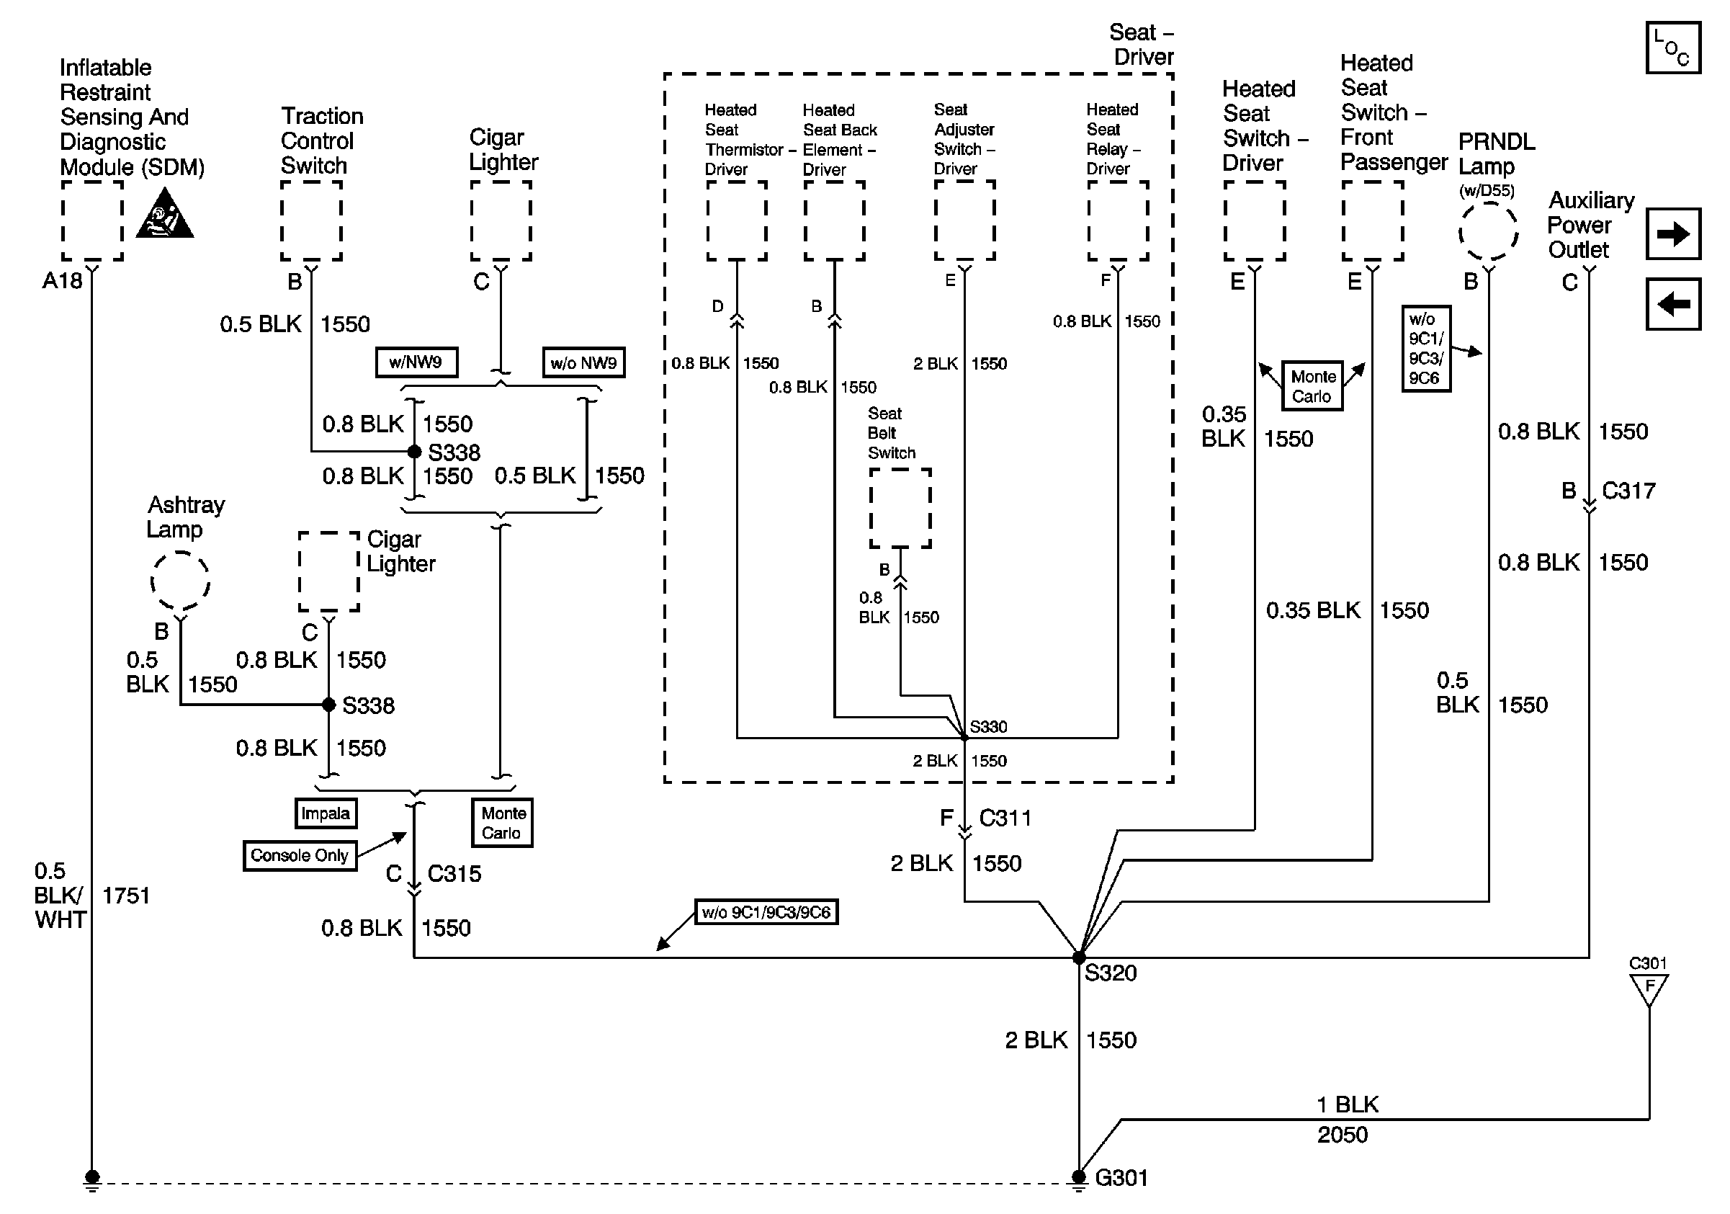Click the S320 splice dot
point(1078,958)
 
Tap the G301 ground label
point(1121,1178)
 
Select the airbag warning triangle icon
point(164,215)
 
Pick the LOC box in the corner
point(1672,48)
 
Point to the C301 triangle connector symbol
point(1649,988)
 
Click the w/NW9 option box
point(416,362)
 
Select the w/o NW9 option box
point(583,363)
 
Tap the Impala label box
point(326,813)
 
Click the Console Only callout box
point(299,855)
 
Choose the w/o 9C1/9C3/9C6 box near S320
point(766,913)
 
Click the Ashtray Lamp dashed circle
point(180,581)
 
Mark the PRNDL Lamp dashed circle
point(1488,231)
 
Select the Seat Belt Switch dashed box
point(900,508)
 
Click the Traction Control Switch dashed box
point(311,220)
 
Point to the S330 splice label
point(989,726)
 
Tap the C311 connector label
point(1005,818)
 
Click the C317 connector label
point(1628,491)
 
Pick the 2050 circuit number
point(1342,1135)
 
